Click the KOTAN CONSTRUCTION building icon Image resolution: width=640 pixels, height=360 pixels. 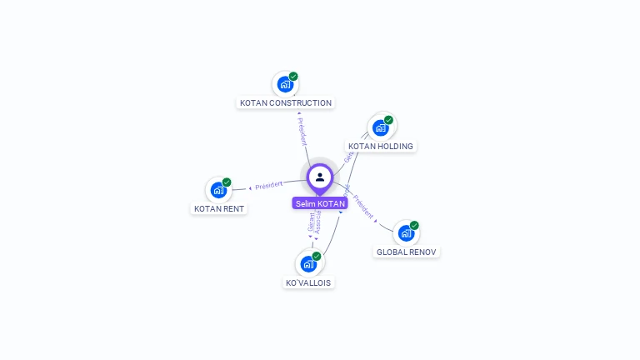[x=285, y=84]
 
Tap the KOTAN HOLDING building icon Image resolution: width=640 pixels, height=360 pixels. [x=381, y=127]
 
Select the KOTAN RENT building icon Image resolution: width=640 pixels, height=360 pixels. [x=218, y=190]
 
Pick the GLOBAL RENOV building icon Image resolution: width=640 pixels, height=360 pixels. [x=406, y=233]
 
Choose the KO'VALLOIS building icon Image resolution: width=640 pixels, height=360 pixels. [x=308, y=264]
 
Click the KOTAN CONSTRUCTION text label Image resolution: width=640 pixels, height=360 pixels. [x=286, y=103]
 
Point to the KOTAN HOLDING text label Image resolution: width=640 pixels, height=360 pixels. [x=381, y=147]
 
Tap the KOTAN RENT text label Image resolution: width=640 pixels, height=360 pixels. [x=219, y=209]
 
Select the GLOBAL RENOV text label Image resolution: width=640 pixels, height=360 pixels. [x=406, y=252]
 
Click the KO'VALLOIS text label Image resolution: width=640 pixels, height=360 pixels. [x=308, y=283]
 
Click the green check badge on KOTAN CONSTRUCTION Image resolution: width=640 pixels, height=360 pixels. [x=293, y=76]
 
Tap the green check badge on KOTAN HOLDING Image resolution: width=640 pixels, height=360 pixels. [x=389, y=120]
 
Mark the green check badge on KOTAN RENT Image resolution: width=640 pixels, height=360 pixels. [x=227, y=182]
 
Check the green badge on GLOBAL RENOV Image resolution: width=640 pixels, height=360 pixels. [x=414, y=225]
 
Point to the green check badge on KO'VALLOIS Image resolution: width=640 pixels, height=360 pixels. [x=317, y=256]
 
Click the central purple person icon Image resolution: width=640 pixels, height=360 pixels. [x=320, y=177]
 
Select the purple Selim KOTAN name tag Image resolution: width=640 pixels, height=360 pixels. [x=320, y=203]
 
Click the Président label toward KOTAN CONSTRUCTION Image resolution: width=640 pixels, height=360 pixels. [x=302, y=131]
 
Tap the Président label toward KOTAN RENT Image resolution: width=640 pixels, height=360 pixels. [x=269, y=185]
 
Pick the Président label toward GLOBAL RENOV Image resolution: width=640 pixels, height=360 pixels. [x=363, y=205]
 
